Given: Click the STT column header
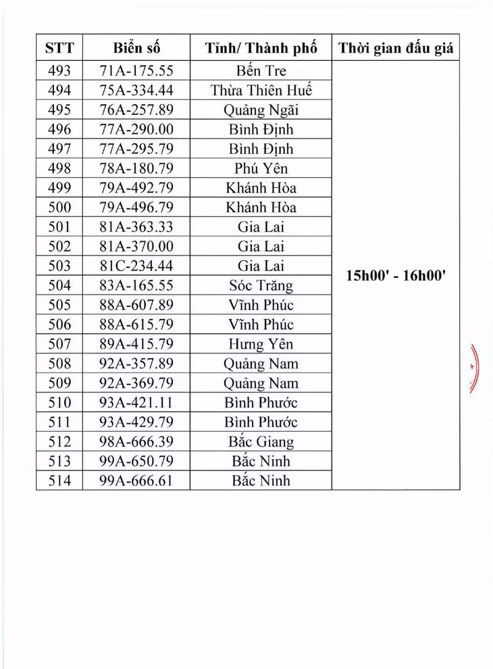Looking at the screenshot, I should tap(59, 49).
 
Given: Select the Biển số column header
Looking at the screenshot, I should tap(136, 49).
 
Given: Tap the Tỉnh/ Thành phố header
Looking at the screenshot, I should tap(261, 49).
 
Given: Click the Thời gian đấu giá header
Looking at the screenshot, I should tap(396, 49).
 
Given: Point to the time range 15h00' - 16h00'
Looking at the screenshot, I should tap(396, 276).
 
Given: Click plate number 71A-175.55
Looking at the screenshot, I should tap(136, 70).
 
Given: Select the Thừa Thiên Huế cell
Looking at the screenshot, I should tap(261, 90).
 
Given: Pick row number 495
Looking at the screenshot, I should tap(59, 109).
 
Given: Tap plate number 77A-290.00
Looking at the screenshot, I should tap(136, 129).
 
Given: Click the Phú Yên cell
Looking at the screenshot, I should tap(261, 168).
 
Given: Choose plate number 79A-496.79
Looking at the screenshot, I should tap(136, 207).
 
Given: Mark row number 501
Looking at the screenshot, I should tap(59, 227).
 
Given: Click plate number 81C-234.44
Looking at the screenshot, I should tap(136, 266).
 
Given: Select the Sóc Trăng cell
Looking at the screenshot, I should tap(261, 286).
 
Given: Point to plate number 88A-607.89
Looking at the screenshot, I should tap(136, 305).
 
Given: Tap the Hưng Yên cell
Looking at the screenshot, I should tap(261, 345).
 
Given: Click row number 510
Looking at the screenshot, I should tap(59, 403).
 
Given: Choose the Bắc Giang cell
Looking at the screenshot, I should tap(261, 443).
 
